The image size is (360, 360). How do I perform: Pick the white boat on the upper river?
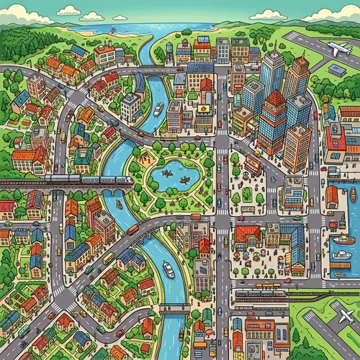158,109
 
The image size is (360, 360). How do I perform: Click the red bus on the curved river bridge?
132,230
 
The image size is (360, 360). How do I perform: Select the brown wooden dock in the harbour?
338,265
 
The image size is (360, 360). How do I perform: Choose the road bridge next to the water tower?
155,71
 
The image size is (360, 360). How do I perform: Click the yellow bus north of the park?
168,136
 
